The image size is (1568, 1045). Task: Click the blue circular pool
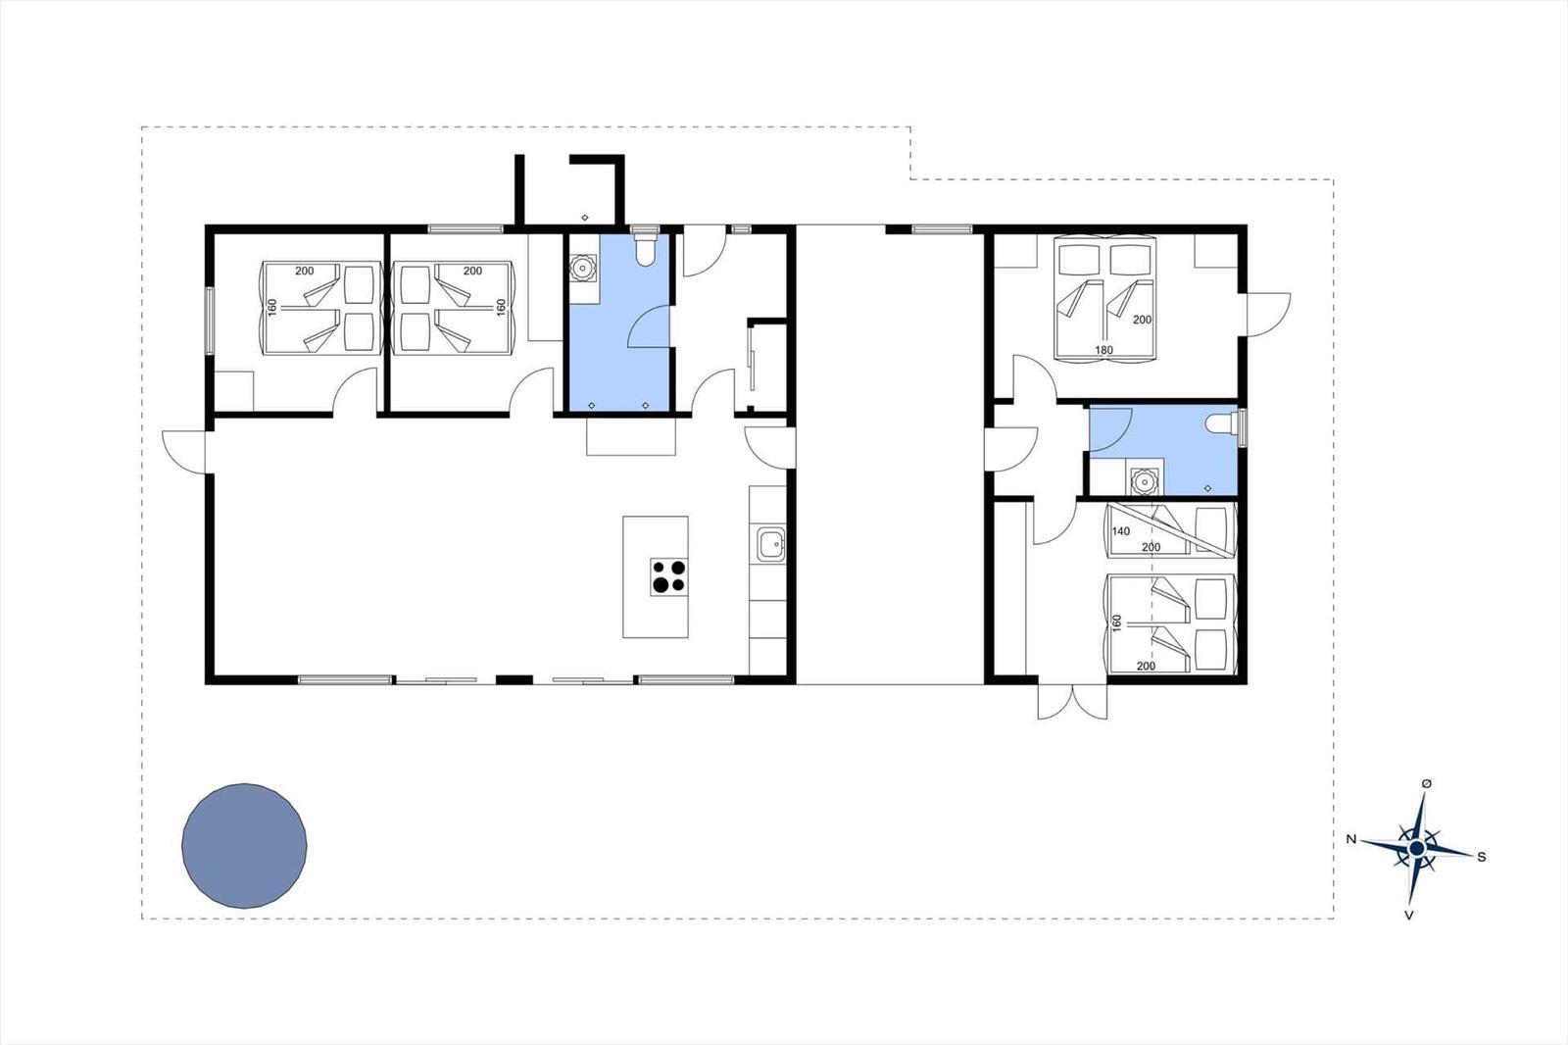[x=244, y=845]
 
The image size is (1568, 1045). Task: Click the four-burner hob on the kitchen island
[x=669, y=576]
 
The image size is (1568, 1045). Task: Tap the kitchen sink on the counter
[x=770, y=543]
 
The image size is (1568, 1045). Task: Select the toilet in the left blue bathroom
[x=645, y=248]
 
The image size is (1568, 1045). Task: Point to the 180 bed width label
[x=1103, y=350]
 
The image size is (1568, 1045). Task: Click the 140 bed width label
[x=1121, y=531]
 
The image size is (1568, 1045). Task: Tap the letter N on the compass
[x=1350, y=839]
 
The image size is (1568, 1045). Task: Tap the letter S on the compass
[x=1481, y=857]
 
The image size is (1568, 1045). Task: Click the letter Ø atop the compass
[x=1426, y=784]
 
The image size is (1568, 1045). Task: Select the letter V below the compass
[x=1409, y=916]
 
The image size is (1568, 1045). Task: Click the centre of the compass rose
[x=1417, y=848]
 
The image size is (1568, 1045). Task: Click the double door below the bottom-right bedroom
[x=1072, y=700]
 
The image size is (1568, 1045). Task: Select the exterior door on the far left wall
[x=185, y=451]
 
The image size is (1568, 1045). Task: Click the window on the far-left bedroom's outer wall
[x=209, y=320]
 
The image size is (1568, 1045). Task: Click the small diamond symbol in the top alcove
[x=585, y=217]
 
